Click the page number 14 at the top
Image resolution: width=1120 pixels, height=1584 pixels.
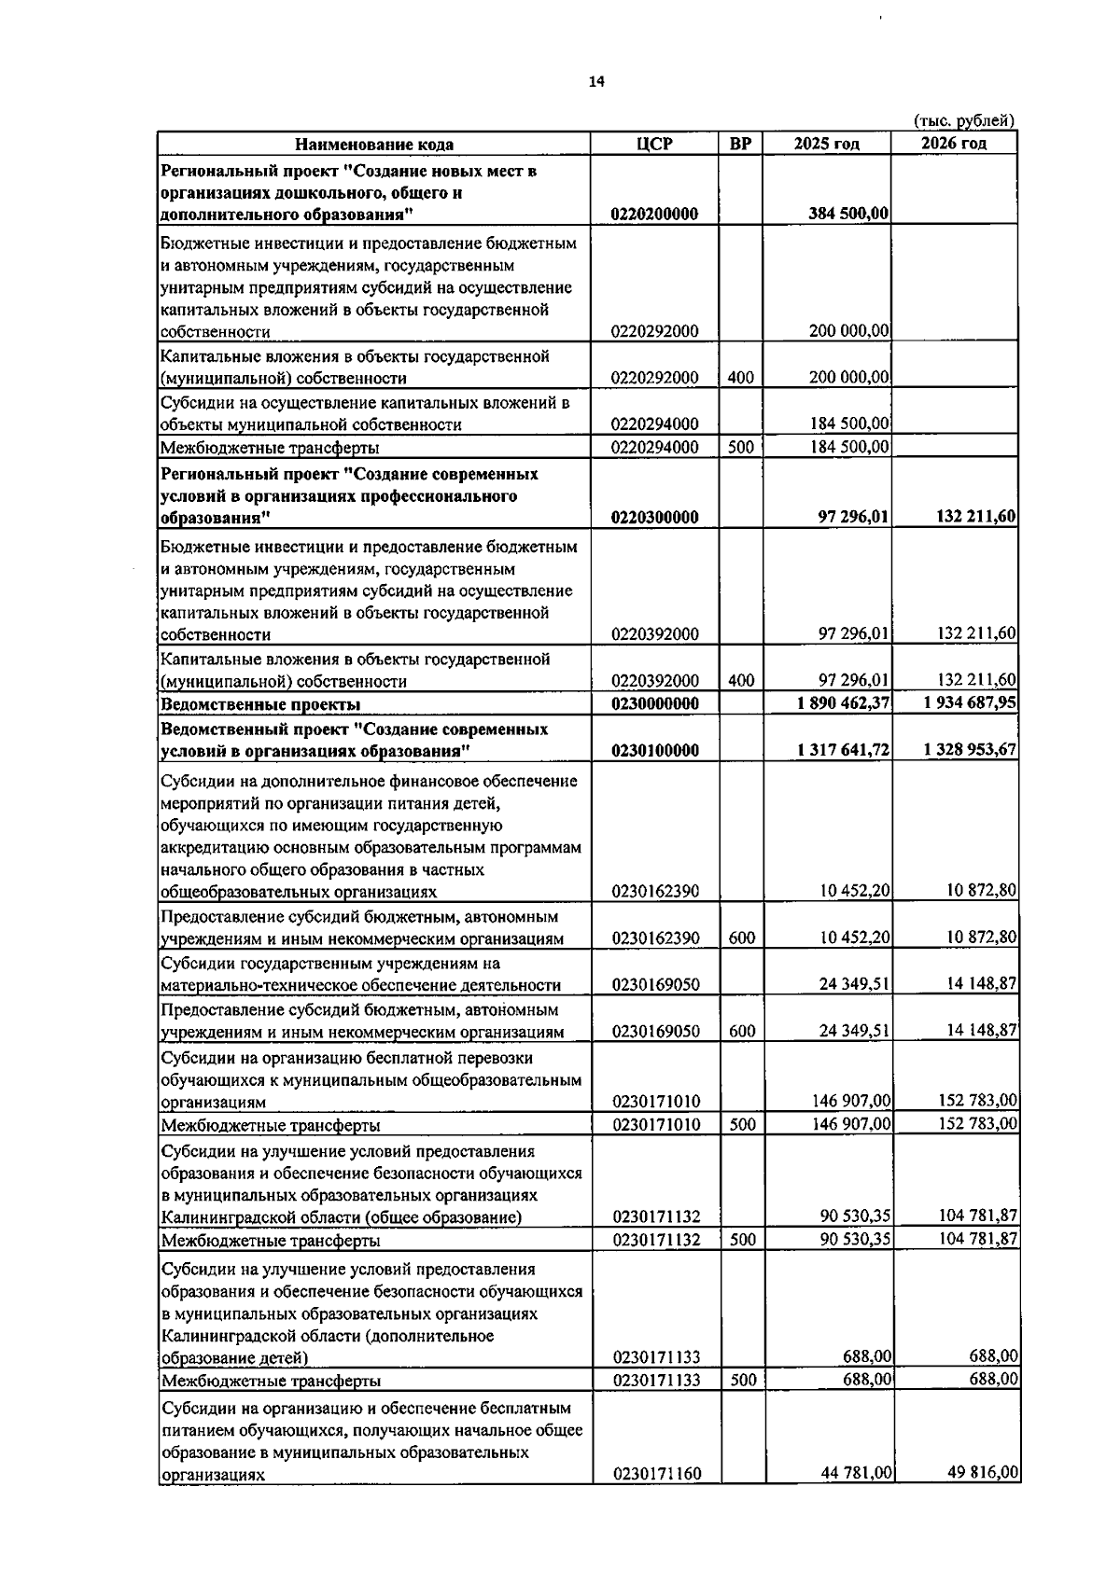(596, 82)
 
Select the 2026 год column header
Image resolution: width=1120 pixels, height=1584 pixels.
(953, 143)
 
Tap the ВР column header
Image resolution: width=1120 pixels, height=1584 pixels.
(740, 144)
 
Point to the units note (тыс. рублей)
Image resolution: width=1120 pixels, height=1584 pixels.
(963, 120)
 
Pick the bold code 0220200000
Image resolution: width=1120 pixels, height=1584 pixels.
(655, 214)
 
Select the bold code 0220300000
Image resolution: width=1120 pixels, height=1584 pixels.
(655, 517)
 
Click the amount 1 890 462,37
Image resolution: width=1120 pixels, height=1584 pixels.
(844, 703)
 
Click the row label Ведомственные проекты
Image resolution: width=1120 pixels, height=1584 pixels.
(260, 704)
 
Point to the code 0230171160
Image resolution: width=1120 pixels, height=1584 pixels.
(656, 1474)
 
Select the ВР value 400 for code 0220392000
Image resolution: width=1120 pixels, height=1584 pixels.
(741, 680)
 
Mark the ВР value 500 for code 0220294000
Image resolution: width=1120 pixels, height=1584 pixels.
(740, 447)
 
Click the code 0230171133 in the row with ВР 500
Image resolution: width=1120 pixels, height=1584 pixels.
(656, 1380)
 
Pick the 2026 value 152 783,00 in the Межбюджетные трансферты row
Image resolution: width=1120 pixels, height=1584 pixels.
(977, 1124)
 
